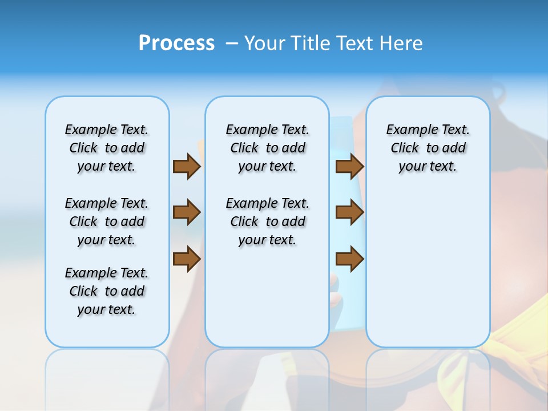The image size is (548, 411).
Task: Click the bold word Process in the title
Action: (x=176, y=43)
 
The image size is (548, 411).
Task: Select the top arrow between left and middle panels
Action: (x=187, y=166)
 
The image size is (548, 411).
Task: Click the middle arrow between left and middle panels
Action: (x=187, y=212)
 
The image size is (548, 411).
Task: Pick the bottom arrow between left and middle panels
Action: (x=187, y=259)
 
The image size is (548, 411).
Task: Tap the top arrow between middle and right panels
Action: (x=349, y=166)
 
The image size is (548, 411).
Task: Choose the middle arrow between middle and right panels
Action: (x=349, y=212)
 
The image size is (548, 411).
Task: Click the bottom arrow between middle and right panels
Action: (x=349, y=259)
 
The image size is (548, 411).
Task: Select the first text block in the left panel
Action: (x=107, y=148)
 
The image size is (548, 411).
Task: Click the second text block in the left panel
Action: (x=107, y=221)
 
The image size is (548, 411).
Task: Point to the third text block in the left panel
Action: (x=107, y=291)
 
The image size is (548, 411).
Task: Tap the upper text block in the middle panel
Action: (x=267, y=148)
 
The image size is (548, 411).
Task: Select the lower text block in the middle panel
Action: (x=267, y=221)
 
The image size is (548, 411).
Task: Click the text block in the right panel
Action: (x=428, y=148)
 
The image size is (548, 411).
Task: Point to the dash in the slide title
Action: (x=232, y=43)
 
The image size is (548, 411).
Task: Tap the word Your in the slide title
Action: (x=264, y=43)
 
